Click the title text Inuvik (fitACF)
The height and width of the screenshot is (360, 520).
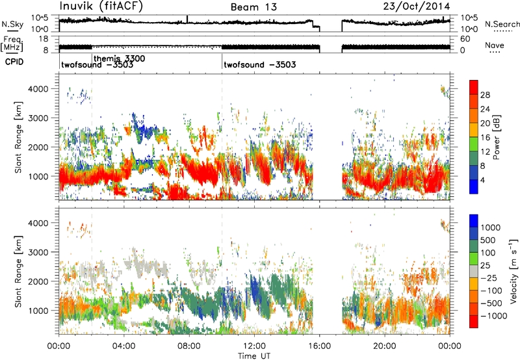click(x=101, y=6)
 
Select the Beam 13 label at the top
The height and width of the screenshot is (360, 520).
click(x=253, y=7)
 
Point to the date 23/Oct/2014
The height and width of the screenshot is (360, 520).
click(x=417, y=6)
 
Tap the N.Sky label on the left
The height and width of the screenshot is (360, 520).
click(x=12, y=24)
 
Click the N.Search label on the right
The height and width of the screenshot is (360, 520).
click(x=502, y=24)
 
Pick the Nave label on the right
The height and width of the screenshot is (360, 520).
click(x=495, y=45)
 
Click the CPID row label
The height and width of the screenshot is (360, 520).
click(x=14, y=62)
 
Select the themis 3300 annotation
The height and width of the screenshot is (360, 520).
click(x=120, y=58)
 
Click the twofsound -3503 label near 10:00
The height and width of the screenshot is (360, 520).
click(x=259, y=64)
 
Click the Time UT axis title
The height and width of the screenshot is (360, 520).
click(x=254, y=356)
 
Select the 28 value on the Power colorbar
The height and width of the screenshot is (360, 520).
click(x=485, y=95)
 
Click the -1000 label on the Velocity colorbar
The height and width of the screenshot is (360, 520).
click(x=494, y=316)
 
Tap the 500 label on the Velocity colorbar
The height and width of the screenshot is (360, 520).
click(x=488, y=240)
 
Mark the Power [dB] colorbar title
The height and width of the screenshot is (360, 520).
click(x=496, y=137)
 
